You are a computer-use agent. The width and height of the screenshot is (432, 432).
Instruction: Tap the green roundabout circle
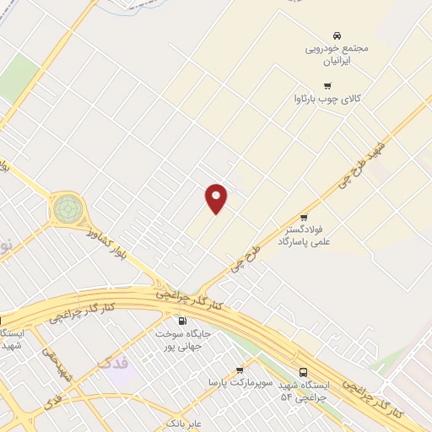pos(68,207)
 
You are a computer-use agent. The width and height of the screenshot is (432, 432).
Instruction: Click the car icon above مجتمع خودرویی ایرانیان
pos(337,35)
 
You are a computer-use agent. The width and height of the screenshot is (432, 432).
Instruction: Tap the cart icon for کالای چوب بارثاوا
pos(327,86)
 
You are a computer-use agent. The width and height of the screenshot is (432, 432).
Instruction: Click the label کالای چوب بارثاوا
pos(327,100)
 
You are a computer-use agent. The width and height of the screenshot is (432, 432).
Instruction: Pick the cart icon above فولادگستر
pos(304,217)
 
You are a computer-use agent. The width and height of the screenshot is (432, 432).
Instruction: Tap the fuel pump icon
pos(182,321)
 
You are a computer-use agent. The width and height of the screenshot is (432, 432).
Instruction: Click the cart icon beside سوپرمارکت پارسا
pos(240,370)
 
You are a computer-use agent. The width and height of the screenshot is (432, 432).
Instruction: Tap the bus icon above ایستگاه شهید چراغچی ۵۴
pos(303,372)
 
